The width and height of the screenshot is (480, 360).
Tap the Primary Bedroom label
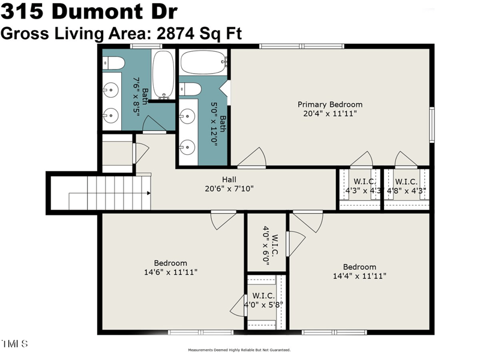(x=330, y=104)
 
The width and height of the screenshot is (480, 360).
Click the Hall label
(x=229, y=179)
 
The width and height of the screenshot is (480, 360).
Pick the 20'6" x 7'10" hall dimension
(x=229, y=188)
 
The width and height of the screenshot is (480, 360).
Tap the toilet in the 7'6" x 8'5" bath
(x=114, y=63)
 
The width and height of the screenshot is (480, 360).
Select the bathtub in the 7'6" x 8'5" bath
(x=163, y=75)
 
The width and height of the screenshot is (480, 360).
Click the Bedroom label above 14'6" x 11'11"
(x=170, y=263)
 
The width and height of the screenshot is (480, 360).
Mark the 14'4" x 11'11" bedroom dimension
(x=359, y=276)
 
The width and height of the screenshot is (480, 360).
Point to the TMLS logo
(x=14, y=344)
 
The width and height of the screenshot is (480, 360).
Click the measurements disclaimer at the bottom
(x=239, y=350)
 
